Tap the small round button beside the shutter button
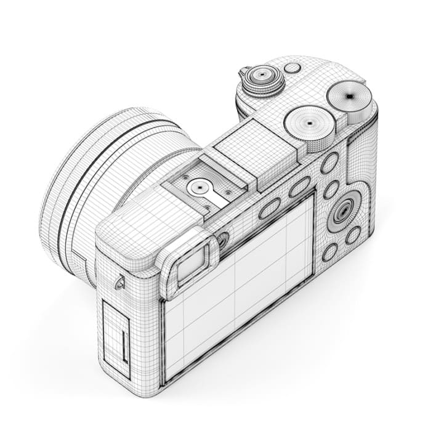(293, 68)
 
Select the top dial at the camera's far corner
(349, 96)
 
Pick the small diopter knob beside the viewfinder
(223, 239)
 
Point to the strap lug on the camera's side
(119, 283)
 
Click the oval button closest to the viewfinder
(269, 209)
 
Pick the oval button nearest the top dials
(329, 163)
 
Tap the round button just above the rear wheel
(332, 188)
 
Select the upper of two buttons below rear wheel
(353, 235)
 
